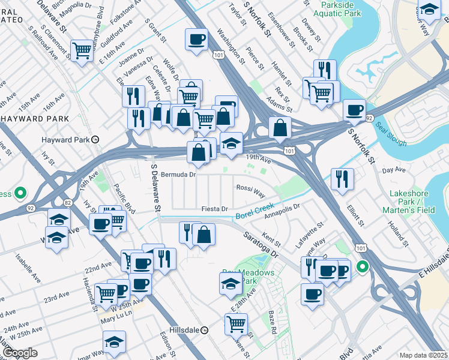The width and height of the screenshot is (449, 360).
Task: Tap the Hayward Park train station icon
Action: point(95,139)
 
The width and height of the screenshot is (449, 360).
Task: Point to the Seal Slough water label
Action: point(391,134)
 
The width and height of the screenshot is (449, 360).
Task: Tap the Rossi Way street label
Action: point(251,191)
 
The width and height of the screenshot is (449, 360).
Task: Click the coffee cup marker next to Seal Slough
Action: point(355,109)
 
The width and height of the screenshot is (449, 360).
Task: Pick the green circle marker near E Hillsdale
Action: point(363,266)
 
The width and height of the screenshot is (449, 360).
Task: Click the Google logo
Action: point(20,353)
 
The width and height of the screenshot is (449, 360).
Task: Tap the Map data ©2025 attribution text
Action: point(423,355)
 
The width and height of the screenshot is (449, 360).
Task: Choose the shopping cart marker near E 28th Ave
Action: point(236,323)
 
